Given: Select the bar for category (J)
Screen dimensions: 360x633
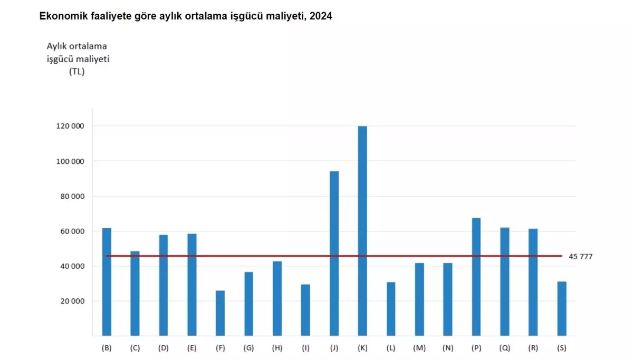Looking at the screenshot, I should [334, 253].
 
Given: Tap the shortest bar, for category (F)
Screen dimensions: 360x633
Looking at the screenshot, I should [220, 313].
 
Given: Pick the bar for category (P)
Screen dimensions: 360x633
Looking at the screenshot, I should [476, 277].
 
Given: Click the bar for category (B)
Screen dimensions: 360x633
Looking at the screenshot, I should [107, 281].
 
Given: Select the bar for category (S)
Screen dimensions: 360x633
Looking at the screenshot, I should [562, 308].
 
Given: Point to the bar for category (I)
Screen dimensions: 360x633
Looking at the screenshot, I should [305, 310].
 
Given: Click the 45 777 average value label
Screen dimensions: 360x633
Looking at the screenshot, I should [581, 257].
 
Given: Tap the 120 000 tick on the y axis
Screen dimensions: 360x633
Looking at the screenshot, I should [70, 127].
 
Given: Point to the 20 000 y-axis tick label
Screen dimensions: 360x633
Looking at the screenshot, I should [71, 301].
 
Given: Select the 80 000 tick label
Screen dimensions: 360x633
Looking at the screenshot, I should [71, 197].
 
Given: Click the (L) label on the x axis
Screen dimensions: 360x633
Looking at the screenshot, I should [391, 348].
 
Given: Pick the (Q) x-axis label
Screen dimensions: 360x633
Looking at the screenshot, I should [504, 348].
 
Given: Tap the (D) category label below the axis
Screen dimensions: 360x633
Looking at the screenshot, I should [164, 348].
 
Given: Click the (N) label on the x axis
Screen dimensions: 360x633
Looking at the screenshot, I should [447, 348].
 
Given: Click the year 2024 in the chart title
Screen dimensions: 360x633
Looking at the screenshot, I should [321, 16].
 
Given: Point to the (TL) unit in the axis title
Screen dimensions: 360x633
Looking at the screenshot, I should [77, 72].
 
